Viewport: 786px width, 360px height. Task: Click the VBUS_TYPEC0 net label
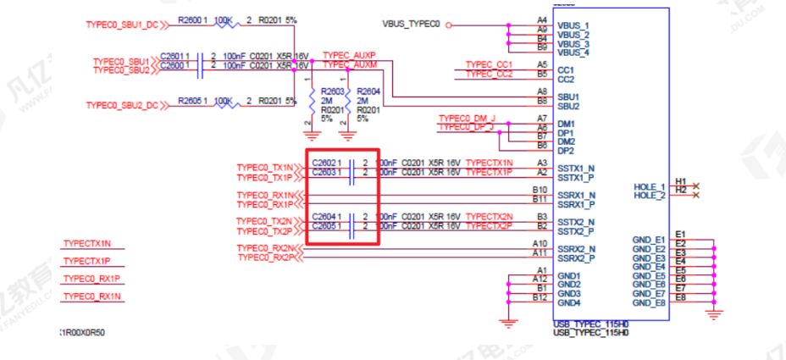[412, 25]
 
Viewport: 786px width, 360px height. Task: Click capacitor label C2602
[324, 162]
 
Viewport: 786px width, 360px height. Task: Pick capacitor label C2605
[324, 227]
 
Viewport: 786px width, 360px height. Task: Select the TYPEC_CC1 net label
[490, 64]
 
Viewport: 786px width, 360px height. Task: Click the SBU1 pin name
[569, 97]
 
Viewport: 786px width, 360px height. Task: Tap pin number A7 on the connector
[542, 118]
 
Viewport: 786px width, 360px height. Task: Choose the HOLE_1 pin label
[650, 186]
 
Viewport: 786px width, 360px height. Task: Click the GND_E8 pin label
[649, 302]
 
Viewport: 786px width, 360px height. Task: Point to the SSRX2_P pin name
[577, 258]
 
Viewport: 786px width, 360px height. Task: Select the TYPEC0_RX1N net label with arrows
[265, 196]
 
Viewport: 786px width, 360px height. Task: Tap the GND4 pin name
[569, 302]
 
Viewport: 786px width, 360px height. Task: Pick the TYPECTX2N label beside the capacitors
[490, 217]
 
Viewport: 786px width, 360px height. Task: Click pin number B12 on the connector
[539, 297]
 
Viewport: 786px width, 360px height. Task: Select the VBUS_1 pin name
[573, 26]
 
